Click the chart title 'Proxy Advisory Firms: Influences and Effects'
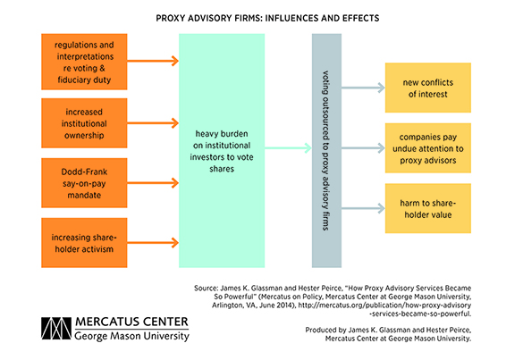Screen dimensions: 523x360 (267, 18)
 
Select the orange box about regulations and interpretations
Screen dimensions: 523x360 (84, 62)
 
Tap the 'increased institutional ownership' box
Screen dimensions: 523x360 (84, 123)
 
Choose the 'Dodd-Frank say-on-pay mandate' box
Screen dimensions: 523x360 (84, 183)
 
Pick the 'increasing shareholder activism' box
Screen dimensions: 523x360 (84, 243)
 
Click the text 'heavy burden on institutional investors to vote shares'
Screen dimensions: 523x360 (222, 151)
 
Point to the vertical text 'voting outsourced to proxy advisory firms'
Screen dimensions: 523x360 (326, 151)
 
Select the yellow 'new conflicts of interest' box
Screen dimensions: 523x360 (428, 88)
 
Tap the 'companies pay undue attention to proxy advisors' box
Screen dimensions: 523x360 (428, 148)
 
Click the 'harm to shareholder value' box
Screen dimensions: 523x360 (428, 208)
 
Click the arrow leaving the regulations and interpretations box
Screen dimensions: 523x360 (153, 61)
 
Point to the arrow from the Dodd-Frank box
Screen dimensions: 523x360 (153, 183)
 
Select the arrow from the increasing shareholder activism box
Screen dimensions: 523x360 (153, 243)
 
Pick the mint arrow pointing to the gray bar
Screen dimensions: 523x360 (288, 148)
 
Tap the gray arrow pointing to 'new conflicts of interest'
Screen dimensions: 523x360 (363, 88)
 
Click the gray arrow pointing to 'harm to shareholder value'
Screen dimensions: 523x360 (363, 208)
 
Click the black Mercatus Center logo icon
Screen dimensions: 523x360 (56, 329)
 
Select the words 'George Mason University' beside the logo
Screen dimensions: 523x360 (131, 336)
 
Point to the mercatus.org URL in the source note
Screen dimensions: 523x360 (384, 309)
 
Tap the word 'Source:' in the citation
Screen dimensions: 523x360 (206, 288)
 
